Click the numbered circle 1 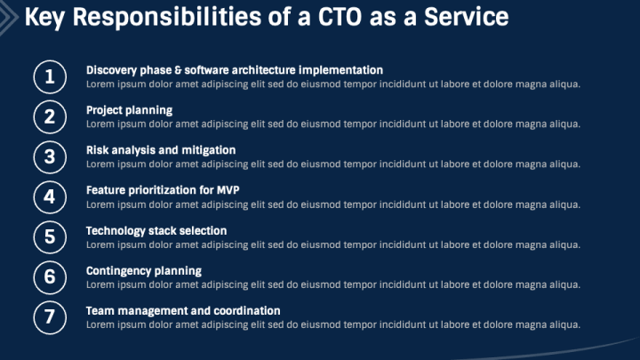tap(50, 76)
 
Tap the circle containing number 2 tap(50, 116)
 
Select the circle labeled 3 tap(50, 157)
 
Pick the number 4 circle tap(50, 196)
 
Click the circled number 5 tap(50, 236)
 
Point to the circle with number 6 tap(50, 276)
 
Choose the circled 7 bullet tap(50, 316)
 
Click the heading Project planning tap(129, 110)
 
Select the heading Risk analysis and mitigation tap(160, 150)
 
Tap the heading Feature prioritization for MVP tap(163, 190)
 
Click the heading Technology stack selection tap(156, 230)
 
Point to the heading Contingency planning tap(143, 270)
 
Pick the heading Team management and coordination tap(182, 310)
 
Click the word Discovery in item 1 tap(110, 69)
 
